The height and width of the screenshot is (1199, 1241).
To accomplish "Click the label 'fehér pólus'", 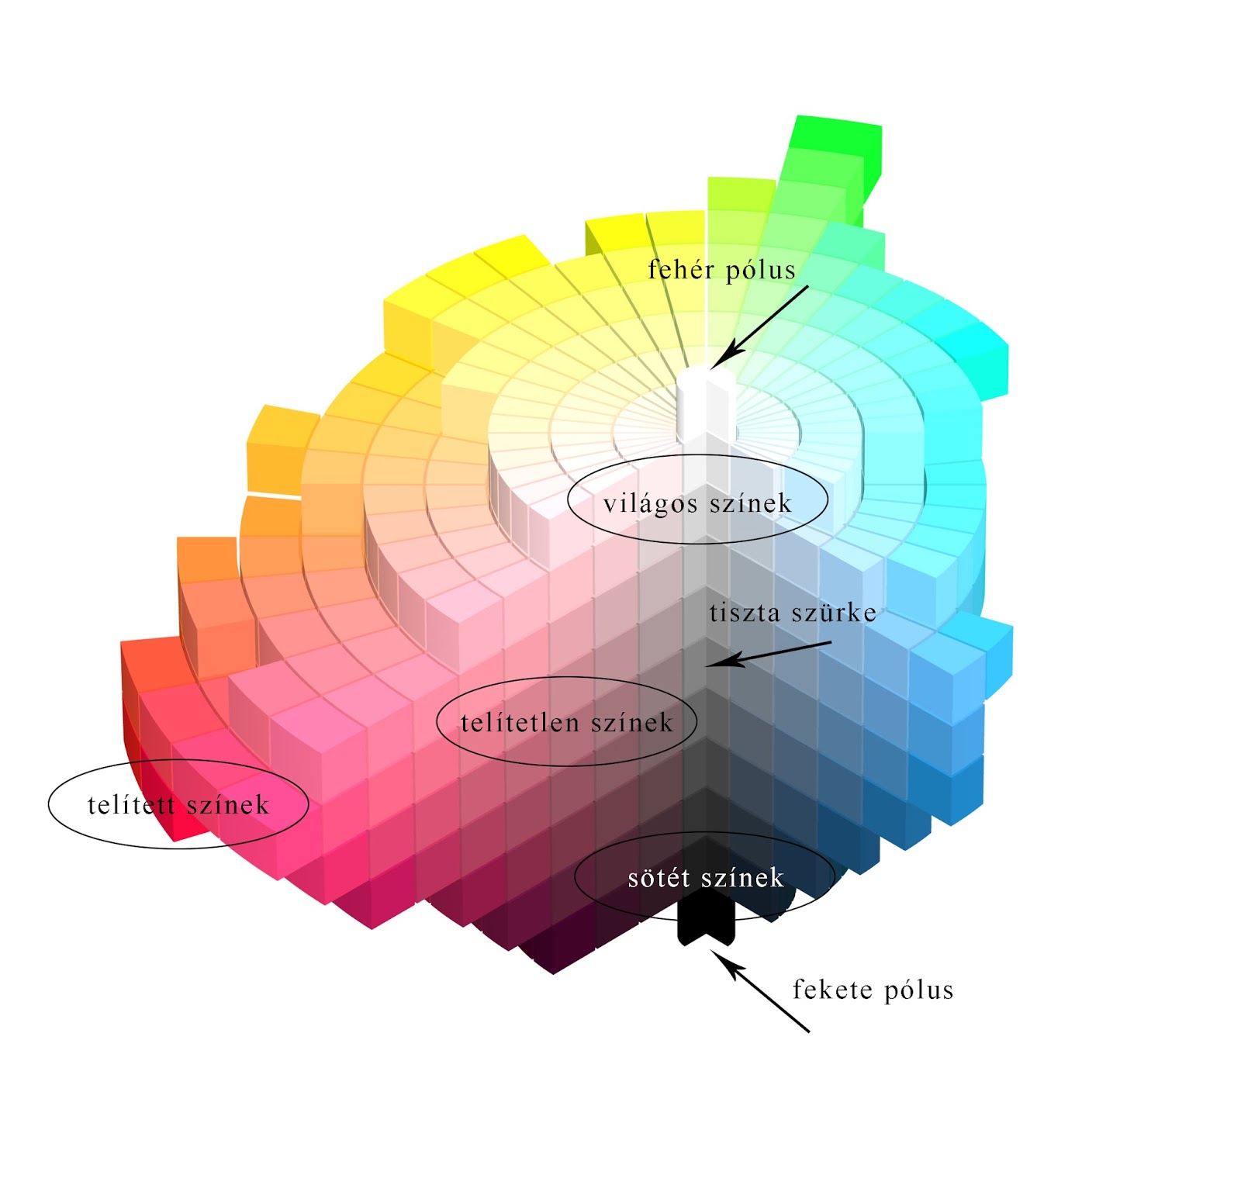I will pos(721,270).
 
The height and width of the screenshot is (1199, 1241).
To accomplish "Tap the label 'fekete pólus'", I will pos(873,990).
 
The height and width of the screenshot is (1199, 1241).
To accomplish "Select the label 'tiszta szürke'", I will pos(793,613).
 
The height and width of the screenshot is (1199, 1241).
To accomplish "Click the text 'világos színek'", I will pos(697,503).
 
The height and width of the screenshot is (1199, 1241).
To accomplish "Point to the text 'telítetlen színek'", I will pos(566,723).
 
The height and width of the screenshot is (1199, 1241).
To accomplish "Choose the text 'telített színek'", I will pos(178,805).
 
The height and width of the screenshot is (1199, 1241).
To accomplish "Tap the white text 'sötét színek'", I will pos(706,878).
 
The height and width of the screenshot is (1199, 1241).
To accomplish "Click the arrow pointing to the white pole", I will pos(760,326).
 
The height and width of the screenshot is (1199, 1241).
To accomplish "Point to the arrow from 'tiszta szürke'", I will pos(768,653).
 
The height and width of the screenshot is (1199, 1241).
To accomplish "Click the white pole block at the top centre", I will pos(705,403).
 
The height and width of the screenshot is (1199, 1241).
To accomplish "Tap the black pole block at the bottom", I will pos(705,919).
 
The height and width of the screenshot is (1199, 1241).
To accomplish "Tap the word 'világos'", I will pos(650,504).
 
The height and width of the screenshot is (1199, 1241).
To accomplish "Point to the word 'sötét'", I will pos(659,878).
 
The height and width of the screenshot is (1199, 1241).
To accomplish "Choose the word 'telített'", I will pos(131,805).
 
